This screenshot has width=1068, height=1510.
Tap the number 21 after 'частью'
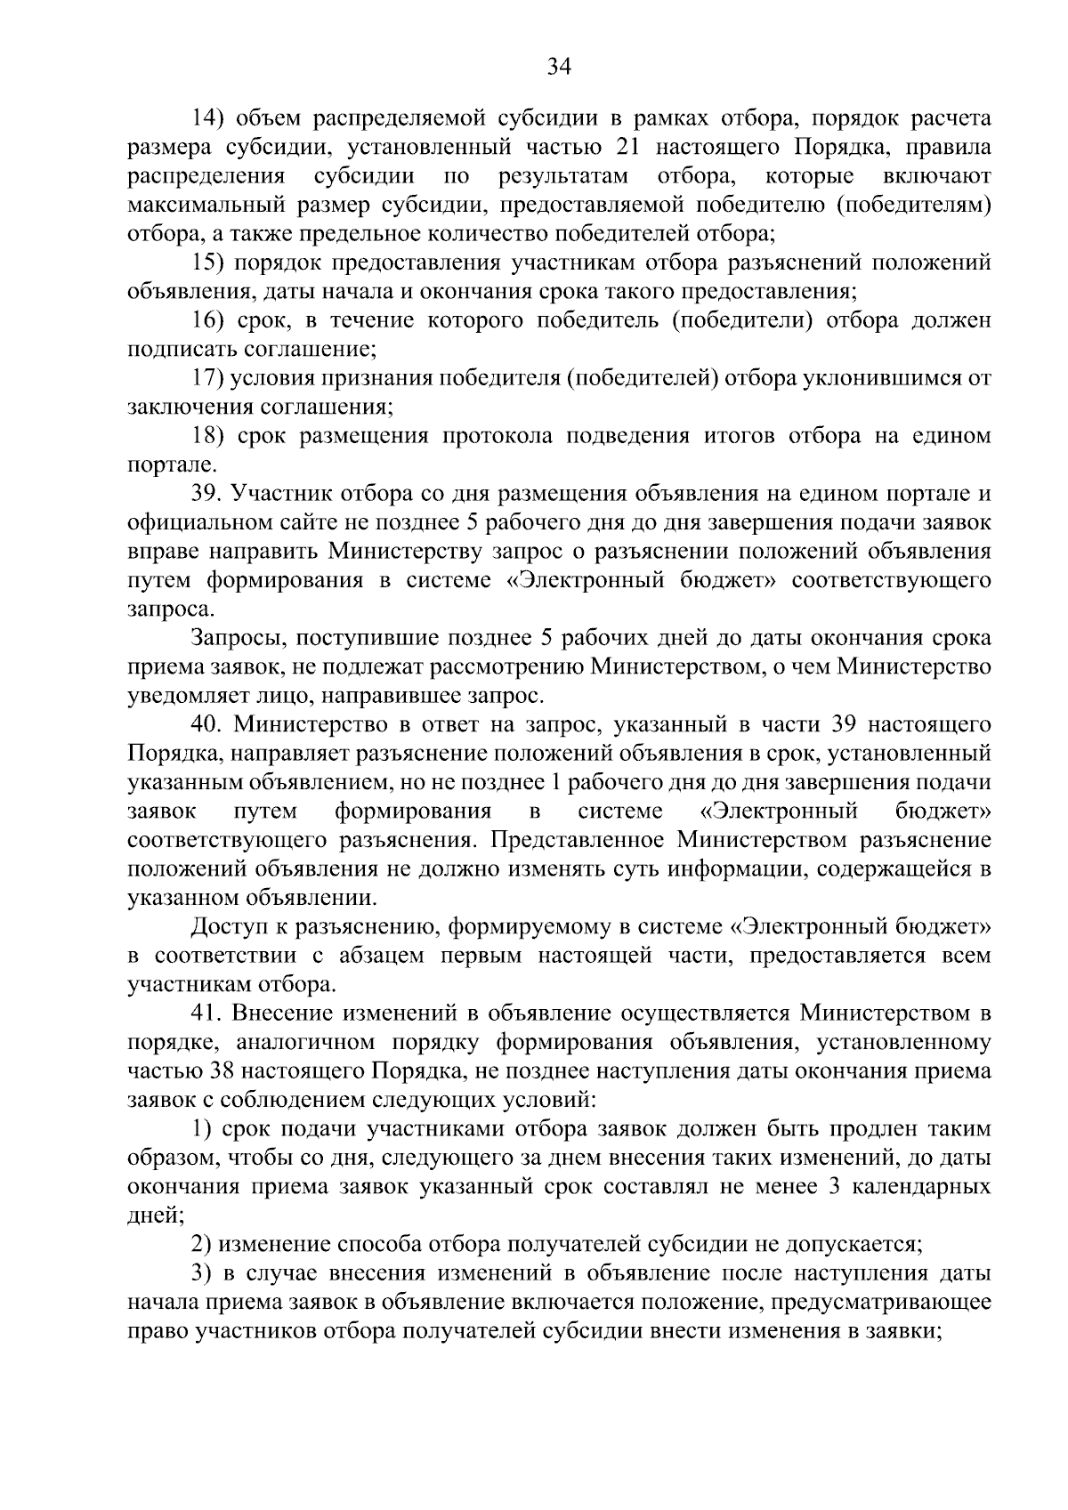click(x=647, y=147)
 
